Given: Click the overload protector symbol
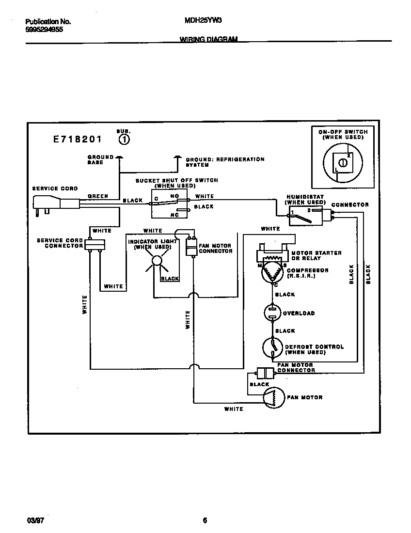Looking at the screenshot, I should point(272,313).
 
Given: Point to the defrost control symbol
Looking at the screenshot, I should point(272,347).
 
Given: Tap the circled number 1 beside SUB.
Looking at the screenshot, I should point(124,140).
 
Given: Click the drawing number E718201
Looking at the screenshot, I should point(78,140).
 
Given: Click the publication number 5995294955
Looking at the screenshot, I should point(44,30).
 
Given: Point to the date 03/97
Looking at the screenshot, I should point(32,521).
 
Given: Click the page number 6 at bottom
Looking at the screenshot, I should point(205,521).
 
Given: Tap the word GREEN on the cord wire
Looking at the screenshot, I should point(97,196).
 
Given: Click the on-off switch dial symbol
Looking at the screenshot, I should point(342,163).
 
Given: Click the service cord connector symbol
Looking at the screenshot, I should point(95,245).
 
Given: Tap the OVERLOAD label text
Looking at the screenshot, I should point(299,313).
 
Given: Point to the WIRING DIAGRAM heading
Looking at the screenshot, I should point(208,39).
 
